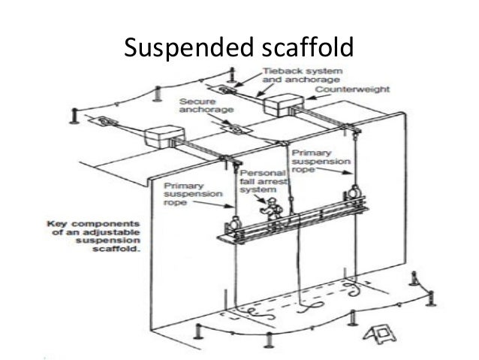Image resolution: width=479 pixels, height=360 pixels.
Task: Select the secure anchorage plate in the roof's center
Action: coord(236,130)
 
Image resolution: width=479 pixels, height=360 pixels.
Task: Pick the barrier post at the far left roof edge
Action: coord(73,116)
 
